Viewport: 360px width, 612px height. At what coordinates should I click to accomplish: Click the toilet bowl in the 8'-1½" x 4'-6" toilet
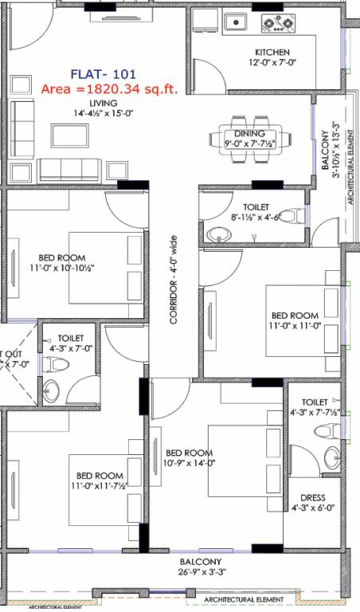(x=293, y=215)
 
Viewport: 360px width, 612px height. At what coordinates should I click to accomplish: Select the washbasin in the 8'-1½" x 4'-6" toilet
(x=217, y=234)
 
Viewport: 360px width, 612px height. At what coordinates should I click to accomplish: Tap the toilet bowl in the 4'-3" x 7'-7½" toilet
(x=326, y=431)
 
